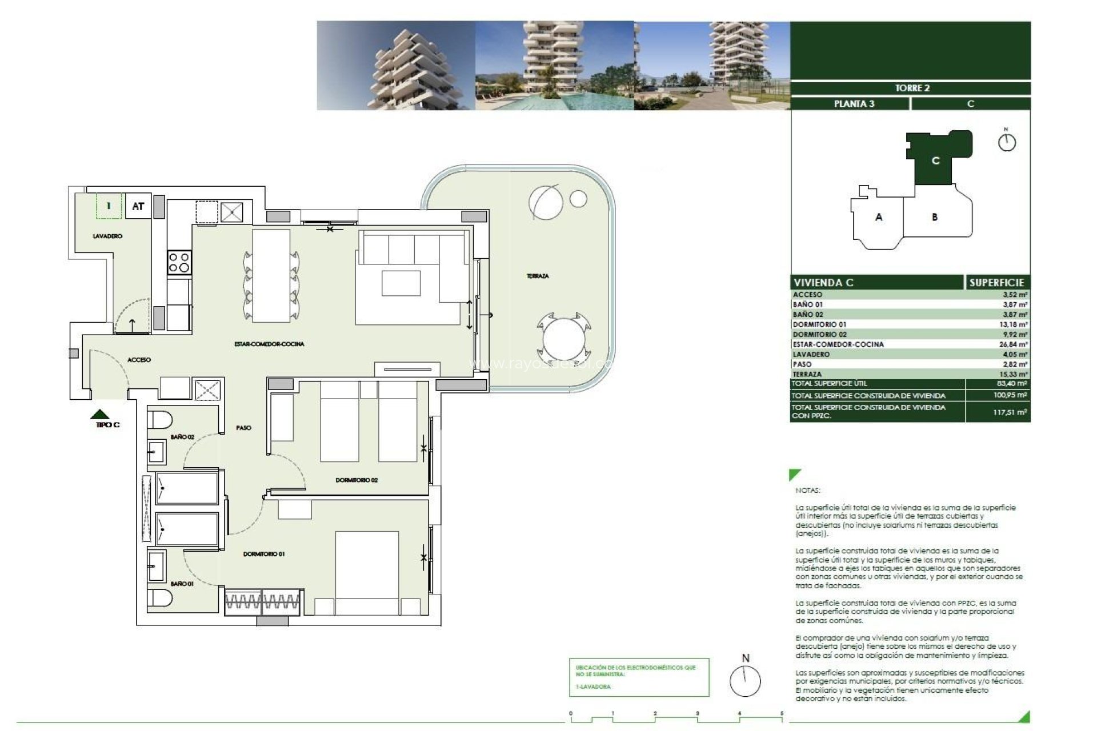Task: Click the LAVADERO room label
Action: click(x=107, y=236)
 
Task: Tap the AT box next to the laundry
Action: click(x=138, y=206)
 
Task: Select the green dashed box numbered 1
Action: click(x=109, y=206)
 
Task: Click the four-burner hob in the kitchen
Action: click(x=179, y=263)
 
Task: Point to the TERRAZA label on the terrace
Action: click(x=537, y=276)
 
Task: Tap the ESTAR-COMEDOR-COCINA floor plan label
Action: click(x=269, y=344)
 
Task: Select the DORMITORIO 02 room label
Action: click(x=357, y=480)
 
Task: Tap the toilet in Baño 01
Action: click(x=159, y=599)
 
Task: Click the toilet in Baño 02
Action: click(x=159, y=420)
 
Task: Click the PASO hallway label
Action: click(x=243, y=428)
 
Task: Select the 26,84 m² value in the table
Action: click(x=1015, y=344)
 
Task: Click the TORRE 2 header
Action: click(x=912, y=88)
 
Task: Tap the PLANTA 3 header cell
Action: click(x=854, y=104)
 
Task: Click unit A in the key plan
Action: click(x=879, y=217)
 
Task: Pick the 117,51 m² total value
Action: click(x=1010, y=412)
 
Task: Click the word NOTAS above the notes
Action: click(x=807, y=491)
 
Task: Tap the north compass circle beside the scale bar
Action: click(x=745, y=681)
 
